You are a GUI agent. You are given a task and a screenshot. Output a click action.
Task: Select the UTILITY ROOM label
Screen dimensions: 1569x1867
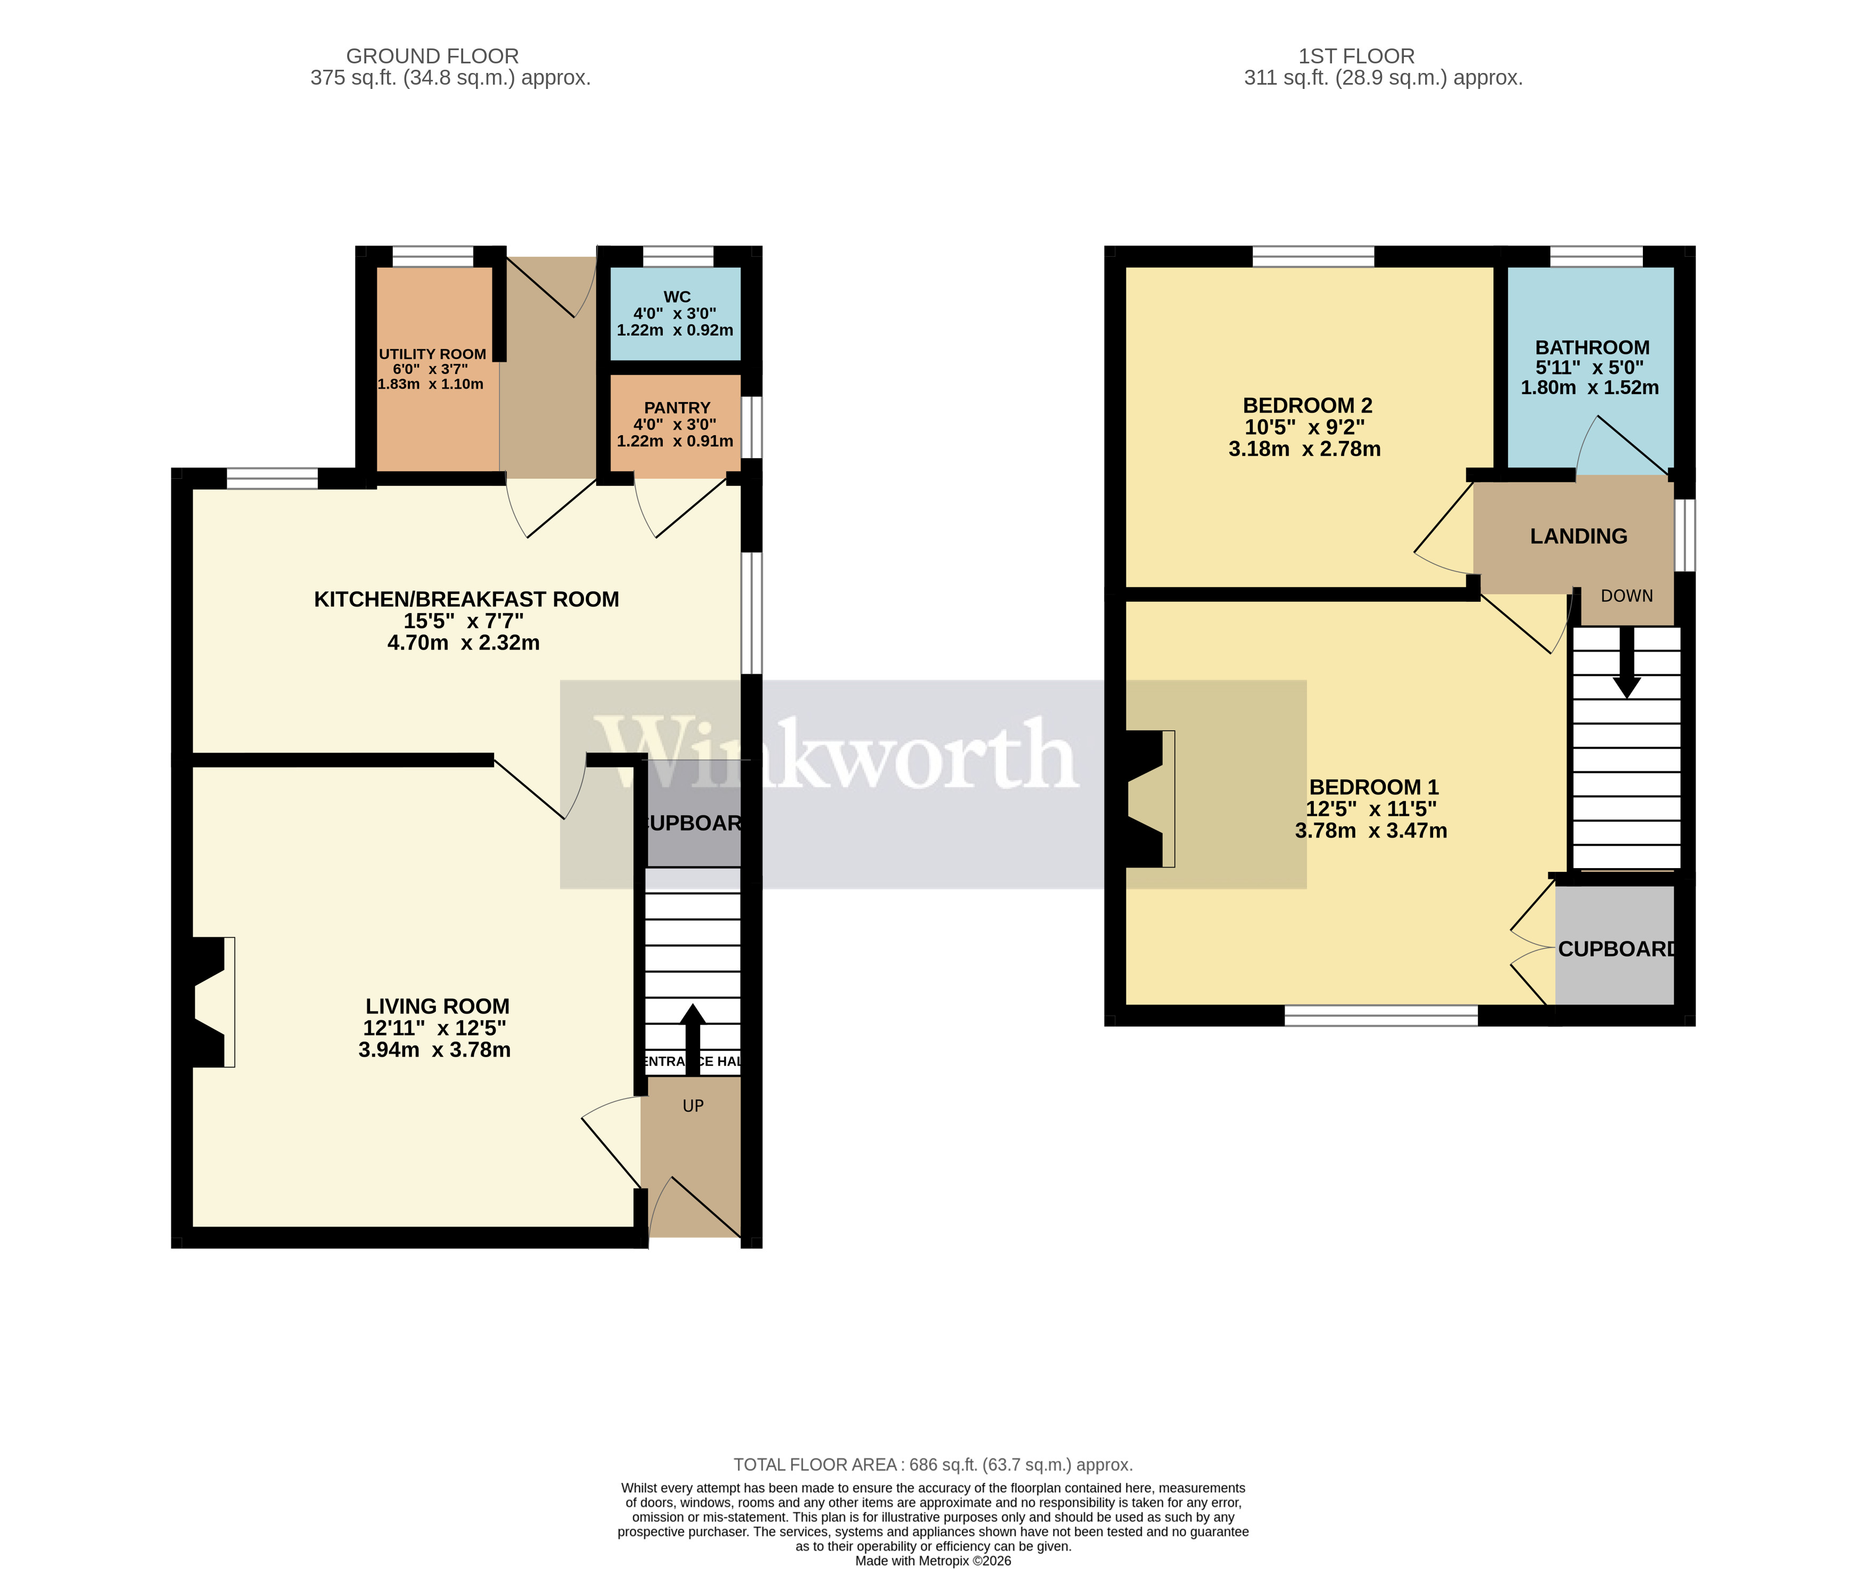click(x=432, y=354)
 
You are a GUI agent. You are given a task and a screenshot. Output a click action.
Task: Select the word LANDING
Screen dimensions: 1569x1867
click(x=1578, y=536)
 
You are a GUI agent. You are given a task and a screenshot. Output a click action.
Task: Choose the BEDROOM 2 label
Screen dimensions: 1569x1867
click(x=1307, y=406)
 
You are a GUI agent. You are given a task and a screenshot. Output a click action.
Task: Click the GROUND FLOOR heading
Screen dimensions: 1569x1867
click(x=432, y=56)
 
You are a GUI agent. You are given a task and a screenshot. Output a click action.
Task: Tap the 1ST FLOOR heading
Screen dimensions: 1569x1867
click(x=1356, y=56)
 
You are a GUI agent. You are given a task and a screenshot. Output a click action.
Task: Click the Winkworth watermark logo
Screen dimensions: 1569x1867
click(x=836, y=756)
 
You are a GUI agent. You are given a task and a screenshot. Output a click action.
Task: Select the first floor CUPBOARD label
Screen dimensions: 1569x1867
click(x=1616, y=949)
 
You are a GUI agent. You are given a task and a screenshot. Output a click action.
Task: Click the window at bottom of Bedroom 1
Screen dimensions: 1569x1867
click(x=1381, y=1015)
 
